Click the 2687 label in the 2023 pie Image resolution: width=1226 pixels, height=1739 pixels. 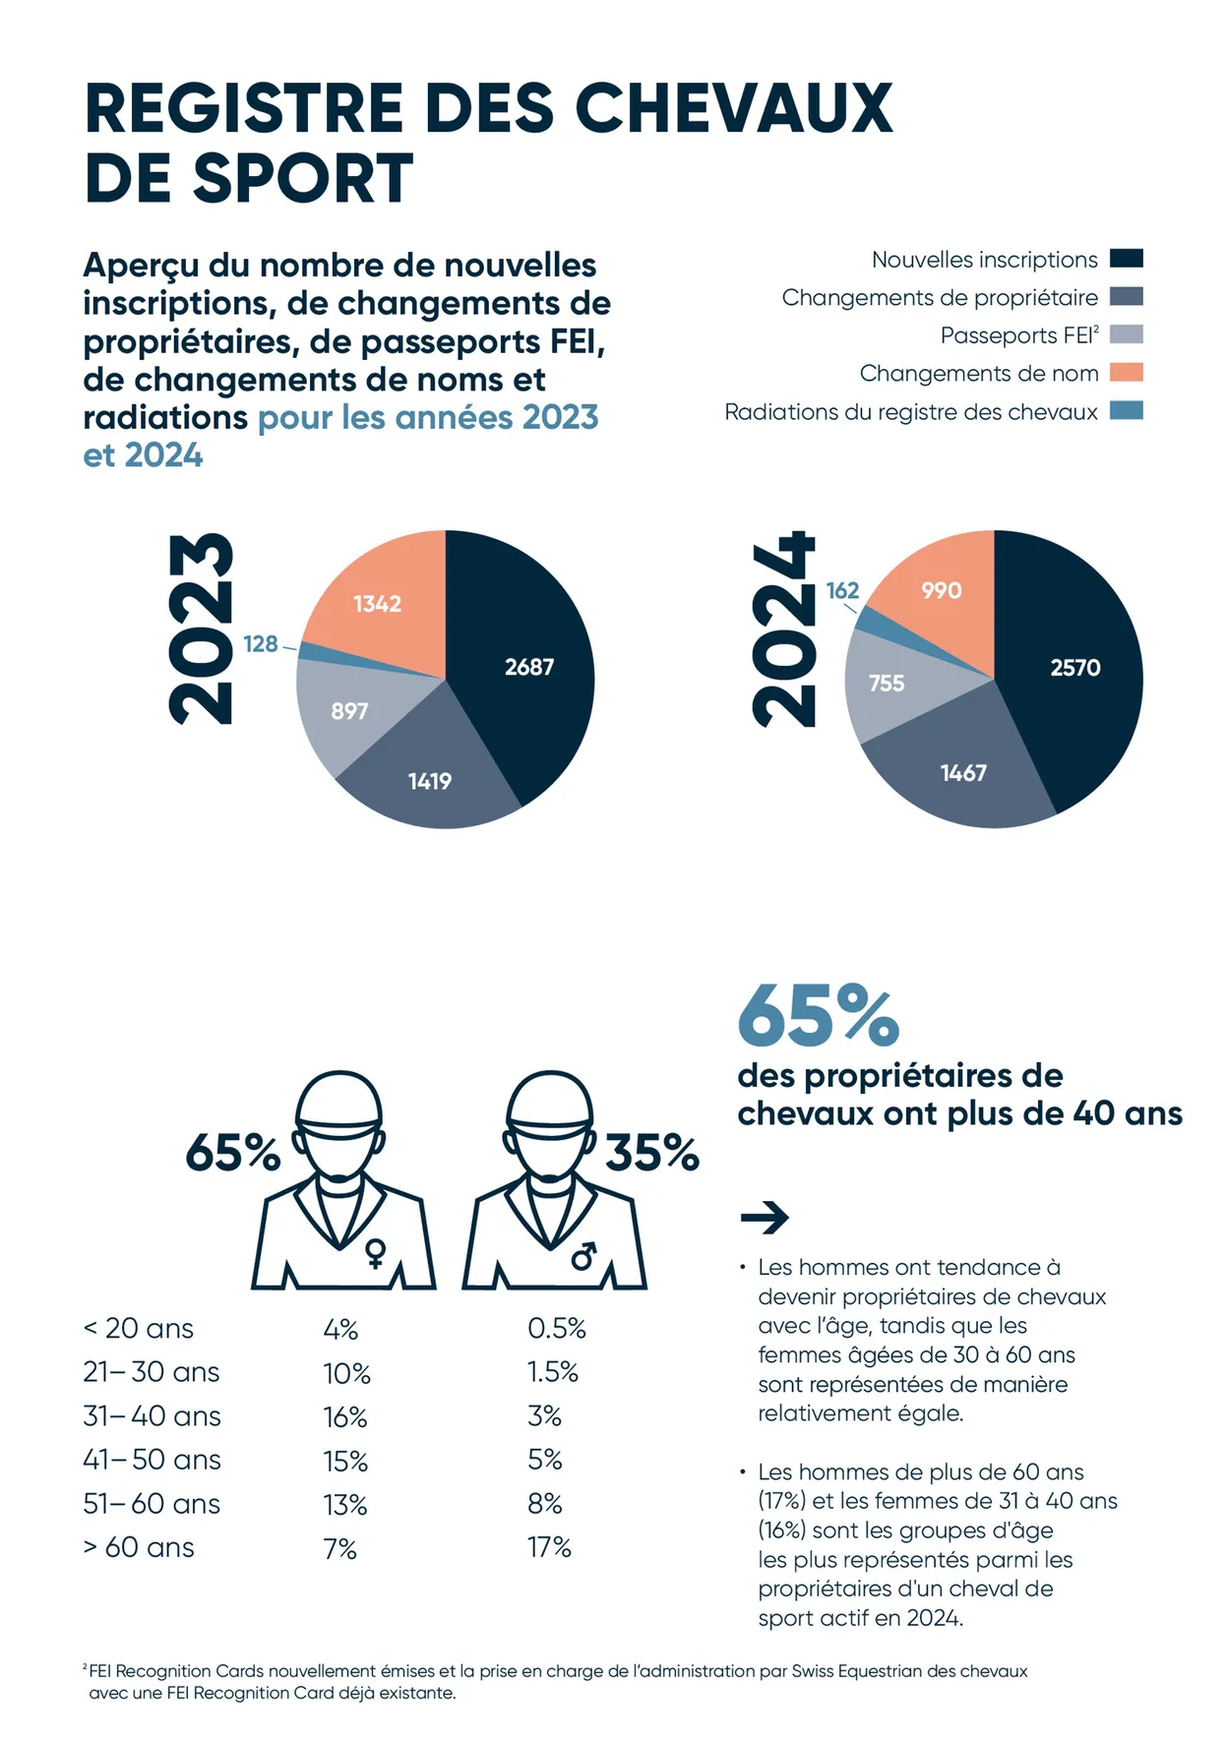click(529, 667)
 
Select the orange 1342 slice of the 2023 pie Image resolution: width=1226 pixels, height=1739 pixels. click(378, 604)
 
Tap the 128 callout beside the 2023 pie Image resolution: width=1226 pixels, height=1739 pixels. click(261, 644)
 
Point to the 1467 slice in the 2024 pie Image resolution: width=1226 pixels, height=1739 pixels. click(963, 773)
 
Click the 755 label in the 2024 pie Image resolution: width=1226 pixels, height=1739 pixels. click(887, 683)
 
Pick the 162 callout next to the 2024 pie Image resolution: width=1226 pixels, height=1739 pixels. click(842, 590)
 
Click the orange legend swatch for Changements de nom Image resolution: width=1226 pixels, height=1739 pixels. click(1127, 373)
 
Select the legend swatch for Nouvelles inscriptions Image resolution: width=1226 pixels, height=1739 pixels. click(1127, 259)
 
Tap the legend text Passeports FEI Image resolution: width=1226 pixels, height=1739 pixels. click(1018, 335)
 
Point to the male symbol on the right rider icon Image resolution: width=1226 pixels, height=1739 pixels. click(584, 1255)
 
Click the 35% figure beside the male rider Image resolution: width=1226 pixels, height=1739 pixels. click(651, 1153)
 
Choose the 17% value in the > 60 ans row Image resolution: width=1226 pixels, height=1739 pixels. click(549, 1547)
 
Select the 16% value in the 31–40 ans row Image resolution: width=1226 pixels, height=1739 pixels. click(345, 1416)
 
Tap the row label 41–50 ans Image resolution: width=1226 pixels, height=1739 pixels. click(152, 1460)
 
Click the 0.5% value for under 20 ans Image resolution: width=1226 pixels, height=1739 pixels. click(557, 1329)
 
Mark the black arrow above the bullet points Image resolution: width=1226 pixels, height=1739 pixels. click(765, 1218)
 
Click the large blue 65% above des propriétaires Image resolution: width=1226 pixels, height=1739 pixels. click(818, 1016)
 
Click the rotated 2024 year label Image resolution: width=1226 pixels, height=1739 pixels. click(784, 630)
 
